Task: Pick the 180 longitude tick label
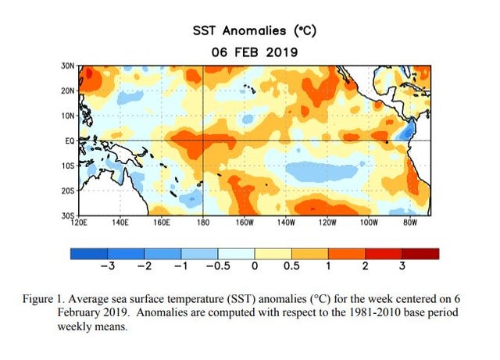[202, 222]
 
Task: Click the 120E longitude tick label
[80, 222]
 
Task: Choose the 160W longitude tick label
[244, 222]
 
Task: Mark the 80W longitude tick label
[408, 222]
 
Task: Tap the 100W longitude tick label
[367, 222]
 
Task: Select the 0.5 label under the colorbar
[291, 266]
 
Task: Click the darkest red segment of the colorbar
[421, 253]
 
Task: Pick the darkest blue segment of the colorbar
[87, 253]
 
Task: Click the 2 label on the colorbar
[365, 266]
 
